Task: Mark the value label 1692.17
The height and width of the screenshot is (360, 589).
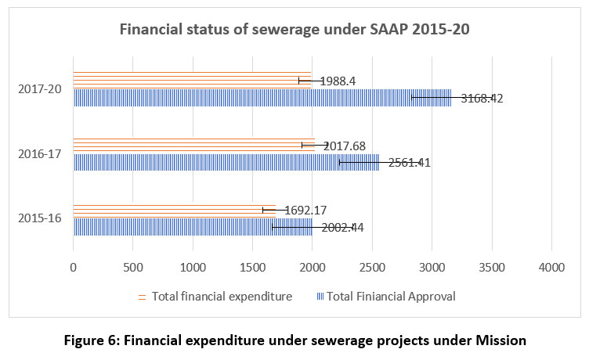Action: click(300, 210)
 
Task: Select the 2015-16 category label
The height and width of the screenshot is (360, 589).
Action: click(41, 217)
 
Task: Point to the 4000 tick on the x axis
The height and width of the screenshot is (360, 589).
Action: click(551, 267)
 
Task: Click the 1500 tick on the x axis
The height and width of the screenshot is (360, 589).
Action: click(252, 267)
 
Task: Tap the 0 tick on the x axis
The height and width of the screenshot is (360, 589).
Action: click(74, 267)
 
